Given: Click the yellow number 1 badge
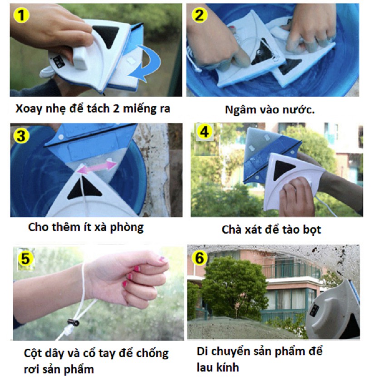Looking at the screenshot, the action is (x=22, y=15).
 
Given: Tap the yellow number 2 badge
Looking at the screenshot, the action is (x=200, y=15).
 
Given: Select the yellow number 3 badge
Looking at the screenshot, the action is (x=22, y=136).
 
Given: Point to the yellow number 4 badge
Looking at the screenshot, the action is (x=204, y=132).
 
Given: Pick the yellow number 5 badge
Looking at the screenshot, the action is (x=26, y=258).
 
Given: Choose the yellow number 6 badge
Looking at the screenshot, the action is (x=200, y=258).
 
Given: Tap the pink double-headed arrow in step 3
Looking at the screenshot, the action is (x=97, y=167).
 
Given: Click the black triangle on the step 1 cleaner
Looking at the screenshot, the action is (x=107, y=35).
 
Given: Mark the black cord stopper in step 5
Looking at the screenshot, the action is (x=73, y=322).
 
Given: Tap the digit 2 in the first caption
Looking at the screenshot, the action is (x=116, y=109).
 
